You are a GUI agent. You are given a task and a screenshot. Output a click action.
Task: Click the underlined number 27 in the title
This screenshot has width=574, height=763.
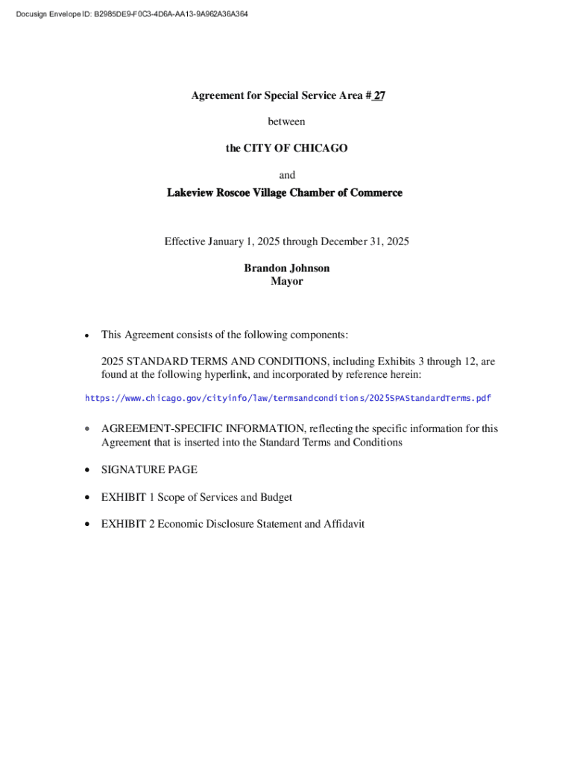[x=379, y=95]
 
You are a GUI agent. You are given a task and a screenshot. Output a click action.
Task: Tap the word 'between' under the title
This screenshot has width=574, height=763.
[x=287, y=121]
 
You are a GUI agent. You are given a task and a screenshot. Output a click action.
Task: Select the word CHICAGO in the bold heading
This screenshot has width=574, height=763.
[x=321, y=148]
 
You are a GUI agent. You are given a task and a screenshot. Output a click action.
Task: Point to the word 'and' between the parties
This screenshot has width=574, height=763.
[x=287, y=175]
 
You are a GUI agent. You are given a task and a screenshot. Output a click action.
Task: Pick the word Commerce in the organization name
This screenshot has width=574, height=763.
[x=376, y=193]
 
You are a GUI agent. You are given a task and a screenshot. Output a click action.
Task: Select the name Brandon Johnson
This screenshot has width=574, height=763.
[x=287, y=268]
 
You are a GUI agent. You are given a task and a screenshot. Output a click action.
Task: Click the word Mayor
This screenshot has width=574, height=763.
[x=287, y=282]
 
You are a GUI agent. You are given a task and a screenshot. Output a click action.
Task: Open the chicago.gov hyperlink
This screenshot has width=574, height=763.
[x=288, y=399]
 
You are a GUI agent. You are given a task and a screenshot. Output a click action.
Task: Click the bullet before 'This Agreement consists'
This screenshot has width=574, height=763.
[x=87, y=335]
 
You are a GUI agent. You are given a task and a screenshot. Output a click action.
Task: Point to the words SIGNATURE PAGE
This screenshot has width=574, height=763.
[x=149, y=470]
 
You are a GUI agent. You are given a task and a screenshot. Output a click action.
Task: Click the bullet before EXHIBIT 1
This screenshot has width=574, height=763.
[x=87, y=498]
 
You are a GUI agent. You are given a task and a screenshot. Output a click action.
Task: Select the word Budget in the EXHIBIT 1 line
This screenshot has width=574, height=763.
[x=275, y=497]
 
